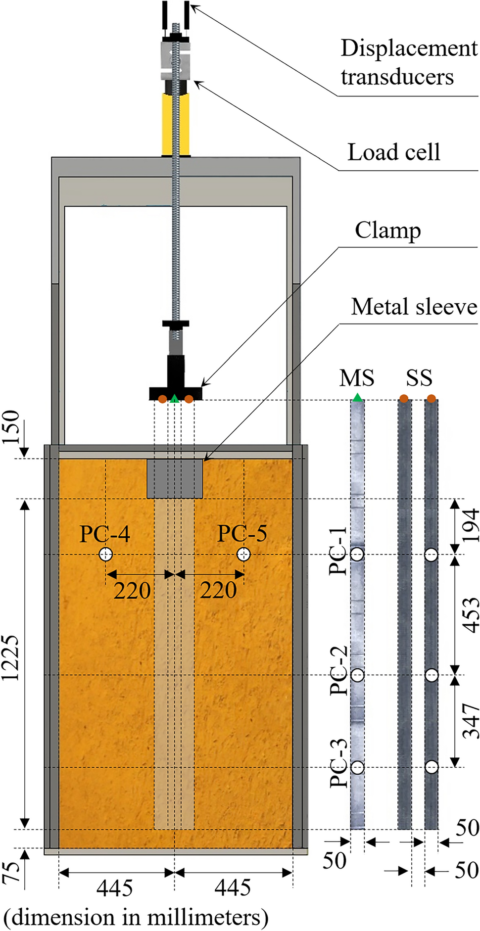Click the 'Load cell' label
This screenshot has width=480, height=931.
point(393,152)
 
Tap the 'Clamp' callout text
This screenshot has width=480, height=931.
point(387,231)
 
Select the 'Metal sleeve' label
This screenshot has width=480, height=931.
point(414,307)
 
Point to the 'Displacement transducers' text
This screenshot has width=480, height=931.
point(409,62)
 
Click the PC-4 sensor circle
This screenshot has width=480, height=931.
point(105,554)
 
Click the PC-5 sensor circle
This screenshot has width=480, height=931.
point(243,554)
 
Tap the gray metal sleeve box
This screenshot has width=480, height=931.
point(175,478)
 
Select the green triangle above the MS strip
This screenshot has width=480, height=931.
point(357,398)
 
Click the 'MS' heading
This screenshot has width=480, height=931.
point(357,378)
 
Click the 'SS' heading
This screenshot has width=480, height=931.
point(419,378)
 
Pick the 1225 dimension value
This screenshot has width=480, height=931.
point(11,658)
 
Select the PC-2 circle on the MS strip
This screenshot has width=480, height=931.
point(357,675)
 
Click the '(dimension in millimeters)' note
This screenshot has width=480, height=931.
point(136,917)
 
